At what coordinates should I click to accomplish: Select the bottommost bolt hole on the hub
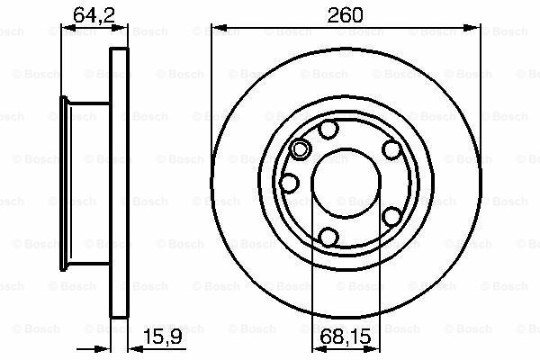click(x=329, y=237)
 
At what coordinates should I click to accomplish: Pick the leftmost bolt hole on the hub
click(x=289, y=184)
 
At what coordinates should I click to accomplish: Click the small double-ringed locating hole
click(x=301, y=149)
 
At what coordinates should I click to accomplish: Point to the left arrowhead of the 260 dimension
click(x=217, y=31)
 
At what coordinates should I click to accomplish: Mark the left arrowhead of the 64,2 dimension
click(x=65, y=31)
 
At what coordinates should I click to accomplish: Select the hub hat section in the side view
click(x=85, y=184)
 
